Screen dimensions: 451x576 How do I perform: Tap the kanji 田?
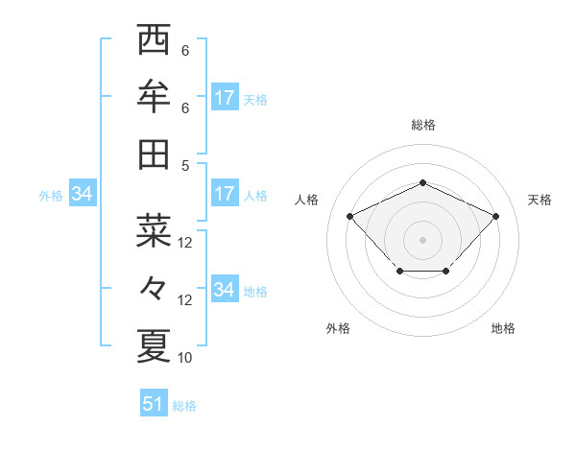[154, 154]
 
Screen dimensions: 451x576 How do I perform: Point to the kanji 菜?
[154, 230]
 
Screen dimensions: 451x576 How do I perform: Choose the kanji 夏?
[154, 345]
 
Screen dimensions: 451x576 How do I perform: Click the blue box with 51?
[154, 404]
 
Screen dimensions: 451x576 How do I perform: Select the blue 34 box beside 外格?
[83, 195]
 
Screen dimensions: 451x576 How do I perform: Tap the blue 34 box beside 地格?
[224, 290]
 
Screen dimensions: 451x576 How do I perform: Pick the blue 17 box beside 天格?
[224, 98]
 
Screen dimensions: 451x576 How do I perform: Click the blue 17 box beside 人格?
[224, 194]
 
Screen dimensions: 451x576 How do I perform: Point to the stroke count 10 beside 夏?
[185, 358]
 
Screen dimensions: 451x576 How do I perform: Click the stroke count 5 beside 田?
[185, 165]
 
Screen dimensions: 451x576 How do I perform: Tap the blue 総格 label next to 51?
[184, 406]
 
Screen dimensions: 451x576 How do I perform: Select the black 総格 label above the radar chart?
[422, 125]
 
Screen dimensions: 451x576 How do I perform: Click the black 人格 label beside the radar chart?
[307, 200]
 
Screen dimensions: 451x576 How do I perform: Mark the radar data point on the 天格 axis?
[495, 216]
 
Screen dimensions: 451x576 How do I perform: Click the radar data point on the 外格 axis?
[399, 273]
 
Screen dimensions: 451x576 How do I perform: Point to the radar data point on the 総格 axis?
[422, 182]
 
